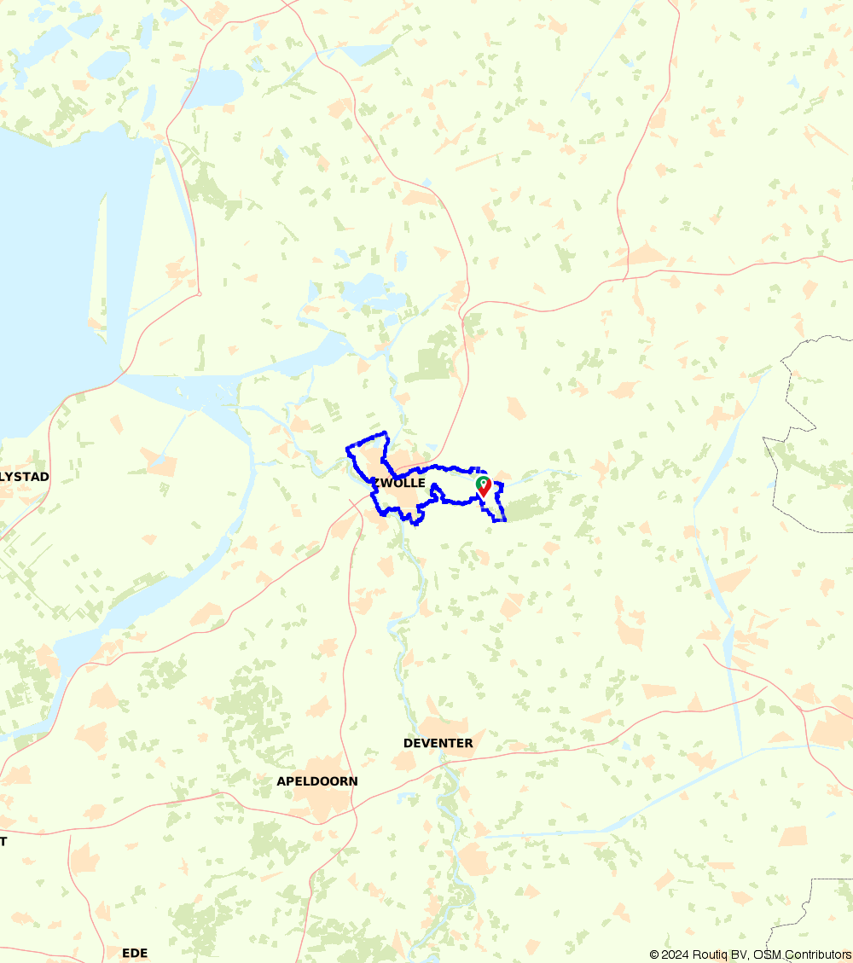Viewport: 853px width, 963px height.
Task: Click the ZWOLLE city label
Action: tap(398, 483)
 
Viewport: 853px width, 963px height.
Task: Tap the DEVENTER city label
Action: tap(438, 743)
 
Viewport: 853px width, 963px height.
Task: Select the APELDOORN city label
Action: tap(317, 781)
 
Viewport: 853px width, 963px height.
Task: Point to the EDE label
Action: tap(135, 953)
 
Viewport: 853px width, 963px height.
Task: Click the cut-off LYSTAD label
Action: tap(25, 476)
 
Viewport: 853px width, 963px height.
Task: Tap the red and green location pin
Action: tap(484, 486)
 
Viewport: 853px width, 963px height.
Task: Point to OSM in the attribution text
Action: tap(765, 954)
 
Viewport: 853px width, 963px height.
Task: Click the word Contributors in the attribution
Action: tap(816, 954)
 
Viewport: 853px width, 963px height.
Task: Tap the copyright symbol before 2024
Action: tap(654, 954)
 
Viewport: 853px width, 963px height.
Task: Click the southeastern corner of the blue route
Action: tap(505, 519)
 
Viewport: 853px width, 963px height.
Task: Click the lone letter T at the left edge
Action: tap(3, 841)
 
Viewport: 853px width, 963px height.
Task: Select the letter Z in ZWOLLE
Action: tap(375, 483)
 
